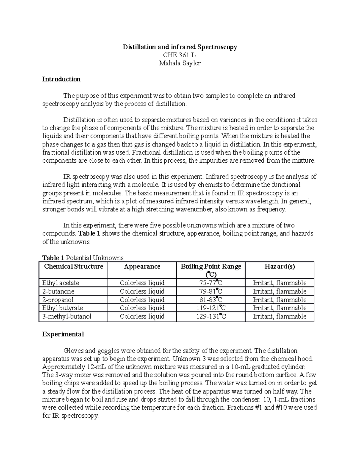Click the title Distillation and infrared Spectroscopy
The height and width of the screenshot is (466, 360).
tap(180, 47)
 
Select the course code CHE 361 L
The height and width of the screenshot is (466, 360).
tap(179, 55)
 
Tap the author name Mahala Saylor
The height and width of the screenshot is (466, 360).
tap(179, 63)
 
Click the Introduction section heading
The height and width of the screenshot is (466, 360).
tap(61, 79)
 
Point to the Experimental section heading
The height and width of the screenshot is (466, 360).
tap(63, 334)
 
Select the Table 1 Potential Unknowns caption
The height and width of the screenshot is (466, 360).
tap(83, 258)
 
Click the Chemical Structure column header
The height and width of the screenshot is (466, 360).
tap(73, 266)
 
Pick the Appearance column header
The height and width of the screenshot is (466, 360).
tap(142, 266)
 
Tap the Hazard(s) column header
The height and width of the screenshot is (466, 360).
tap(280, 266)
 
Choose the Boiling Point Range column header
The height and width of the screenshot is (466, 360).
tap(211, 270)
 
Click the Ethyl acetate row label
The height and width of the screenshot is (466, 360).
tap(61, 283)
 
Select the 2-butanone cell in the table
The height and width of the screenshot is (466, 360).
tap(58, 291)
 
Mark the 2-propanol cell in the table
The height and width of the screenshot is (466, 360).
tap(58, 299)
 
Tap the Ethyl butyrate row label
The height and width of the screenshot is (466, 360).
tap(62, 308)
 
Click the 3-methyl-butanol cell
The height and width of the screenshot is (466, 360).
tap(67, 316)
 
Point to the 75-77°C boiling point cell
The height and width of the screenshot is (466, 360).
tap(211, 283)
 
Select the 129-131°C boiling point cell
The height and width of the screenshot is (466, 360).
tap(211, 316)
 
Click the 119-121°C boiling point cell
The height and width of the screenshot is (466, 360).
tap(211, 308)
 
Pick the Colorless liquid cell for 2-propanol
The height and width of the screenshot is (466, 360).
tap(142, 299)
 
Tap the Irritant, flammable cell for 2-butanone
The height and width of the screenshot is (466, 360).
tap(280, 291)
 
